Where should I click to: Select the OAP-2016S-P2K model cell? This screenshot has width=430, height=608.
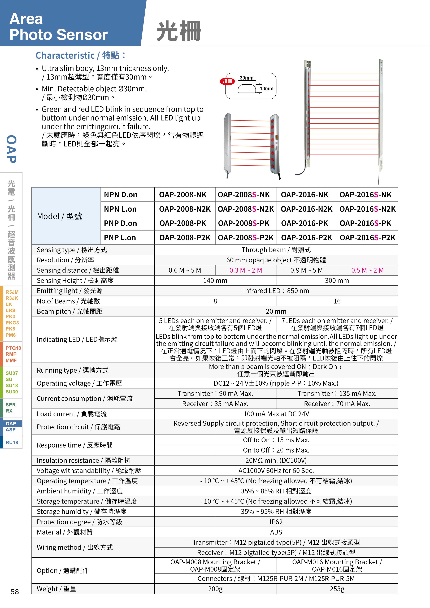click(x=367, y=238)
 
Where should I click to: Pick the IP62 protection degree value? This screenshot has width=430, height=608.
click(x=276, y=522)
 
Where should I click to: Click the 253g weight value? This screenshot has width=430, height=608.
click(x=337, y=589)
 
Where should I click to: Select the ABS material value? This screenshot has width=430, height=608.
click(x=276, y=532)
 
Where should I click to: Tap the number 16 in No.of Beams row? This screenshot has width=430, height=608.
click(x=337, y=301)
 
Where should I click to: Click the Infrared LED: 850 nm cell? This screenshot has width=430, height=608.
click(x=276, y=291)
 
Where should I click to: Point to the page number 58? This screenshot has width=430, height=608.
click(x=15, y=592)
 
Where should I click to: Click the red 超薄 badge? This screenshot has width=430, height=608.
click(x=227, y=81)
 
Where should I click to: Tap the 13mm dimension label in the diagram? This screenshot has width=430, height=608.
click(x=266, y=89)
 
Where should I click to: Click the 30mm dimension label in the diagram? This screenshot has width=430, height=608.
click(x=246, y=78)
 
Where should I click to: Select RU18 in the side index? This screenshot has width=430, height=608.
click(x=12, y=442)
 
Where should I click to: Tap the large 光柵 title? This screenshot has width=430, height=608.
click(x=179, y=31)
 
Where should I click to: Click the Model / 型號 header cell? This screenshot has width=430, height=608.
click(x=60, y=216)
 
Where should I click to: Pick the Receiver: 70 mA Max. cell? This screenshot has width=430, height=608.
click(x=337, y=404)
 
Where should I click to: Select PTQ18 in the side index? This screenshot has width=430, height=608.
click(x=13, y=348)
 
